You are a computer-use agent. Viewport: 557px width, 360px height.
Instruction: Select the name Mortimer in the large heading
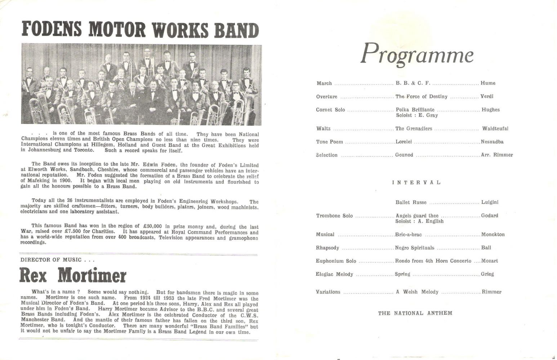[92, 276]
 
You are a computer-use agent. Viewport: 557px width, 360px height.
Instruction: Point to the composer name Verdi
[487, 96]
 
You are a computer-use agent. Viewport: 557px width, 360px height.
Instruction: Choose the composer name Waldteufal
[495, 129]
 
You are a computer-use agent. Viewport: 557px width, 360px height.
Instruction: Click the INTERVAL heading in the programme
[416, 183]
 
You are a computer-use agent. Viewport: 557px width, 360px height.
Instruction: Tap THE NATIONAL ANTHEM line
[415, 313]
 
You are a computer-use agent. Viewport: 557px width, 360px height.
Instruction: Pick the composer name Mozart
[489, 261]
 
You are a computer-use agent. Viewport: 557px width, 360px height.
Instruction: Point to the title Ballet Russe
[411, 202]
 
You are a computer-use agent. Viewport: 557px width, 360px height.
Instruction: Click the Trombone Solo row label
[334, 216]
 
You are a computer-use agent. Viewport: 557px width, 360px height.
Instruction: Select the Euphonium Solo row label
[336, 261]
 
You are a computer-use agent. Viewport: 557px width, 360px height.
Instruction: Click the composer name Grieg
[487, 274]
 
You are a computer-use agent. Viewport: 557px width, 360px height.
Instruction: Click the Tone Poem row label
[329, 142]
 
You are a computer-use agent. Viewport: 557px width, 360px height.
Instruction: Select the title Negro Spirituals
[414, 248]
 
